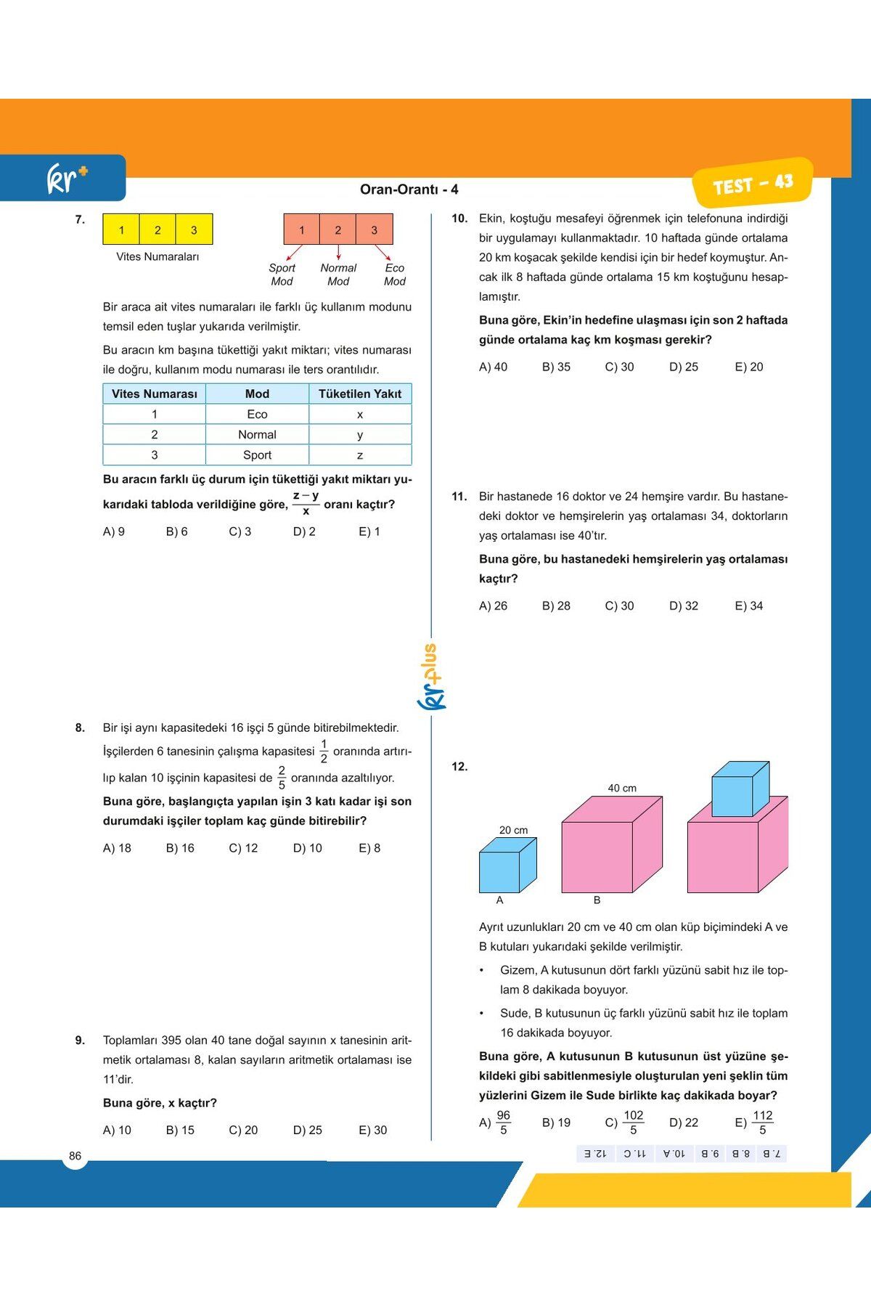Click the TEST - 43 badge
(752, 184)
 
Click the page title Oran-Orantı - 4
(409, 190)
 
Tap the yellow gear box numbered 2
(158, 230)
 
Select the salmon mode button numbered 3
(374, 230)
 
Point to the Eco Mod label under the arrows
(394, 274)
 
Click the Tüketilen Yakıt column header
(360, 394)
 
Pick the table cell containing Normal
(257, 434)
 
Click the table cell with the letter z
(360, 455)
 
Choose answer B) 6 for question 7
(176, 532)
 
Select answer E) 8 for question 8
(369, 848)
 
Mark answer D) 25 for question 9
(307, 1130)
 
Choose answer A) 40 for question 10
(493, 367)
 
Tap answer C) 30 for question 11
(619, 606)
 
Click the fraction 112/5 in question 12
(762, 1123)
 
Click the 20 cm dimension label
(513, 830)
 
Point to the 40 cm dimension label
(622, 788)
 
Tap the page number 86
(75, 1156)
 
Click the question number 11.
(459, 497)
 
